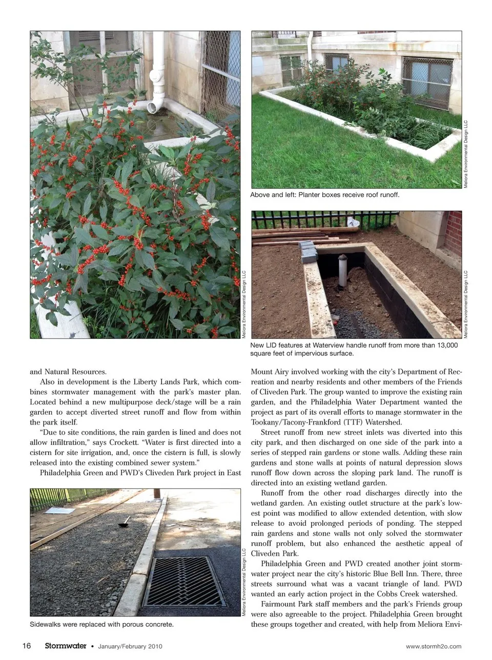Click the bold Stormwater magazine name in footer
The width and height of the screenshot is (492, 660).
(x=65, y=646)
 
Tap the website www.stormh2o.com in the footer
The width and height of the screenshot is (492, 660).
(x=433, y=646)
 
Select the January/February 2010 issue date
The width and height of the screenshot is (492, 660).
(x=130, y=646)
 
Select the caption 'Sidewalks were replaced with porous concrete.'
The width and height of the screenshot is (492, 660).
(x=101, y=624)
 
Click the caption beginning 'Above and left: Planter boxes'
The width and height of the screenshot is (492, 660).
(x=324, y=195)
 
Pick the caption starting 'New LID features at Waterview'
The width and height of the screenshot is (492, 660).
(x=354, y=349)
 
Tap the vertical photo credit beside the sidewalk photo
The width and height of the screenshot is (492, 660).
(x=244, y=582)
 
